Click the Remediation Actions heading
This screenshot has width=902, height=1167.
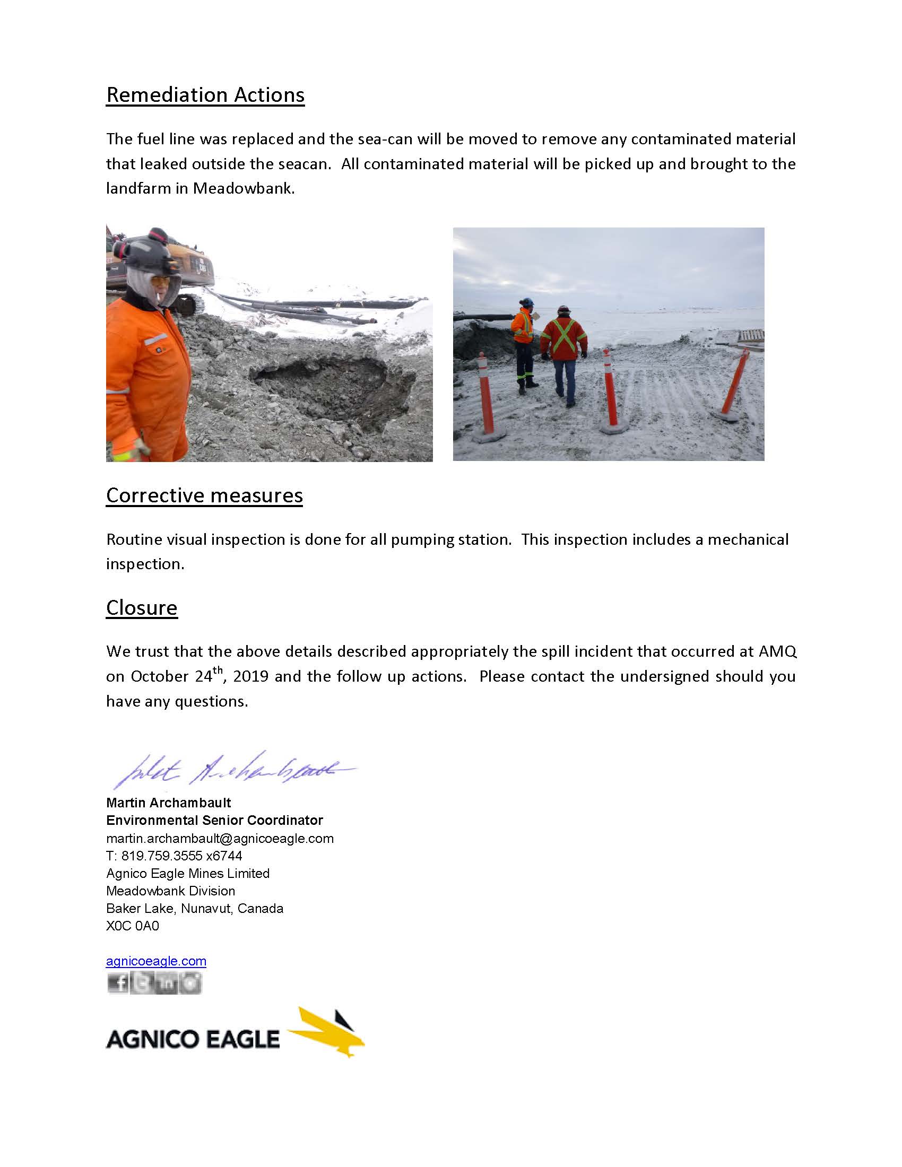205,95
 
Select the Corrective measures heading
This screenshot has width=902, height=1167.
204,495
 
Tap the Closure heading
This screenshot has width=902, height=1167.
142,607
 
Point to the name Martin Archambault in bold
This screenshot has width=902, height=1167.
168,803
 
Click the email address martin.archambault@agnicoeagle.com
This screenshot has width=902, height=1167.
220,838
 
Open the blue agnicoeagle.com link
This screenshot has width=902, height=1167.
156,961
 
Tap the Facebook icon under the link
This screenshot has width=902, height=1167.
118,983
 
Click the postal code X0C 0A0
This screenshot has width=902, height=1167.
133,926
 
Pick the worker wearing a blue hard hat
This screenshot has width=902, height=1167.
524,342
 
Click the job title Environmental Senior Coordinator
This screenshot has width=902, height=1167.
214,820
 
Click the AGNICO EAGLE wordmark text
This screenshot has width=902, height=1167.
193,1039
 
